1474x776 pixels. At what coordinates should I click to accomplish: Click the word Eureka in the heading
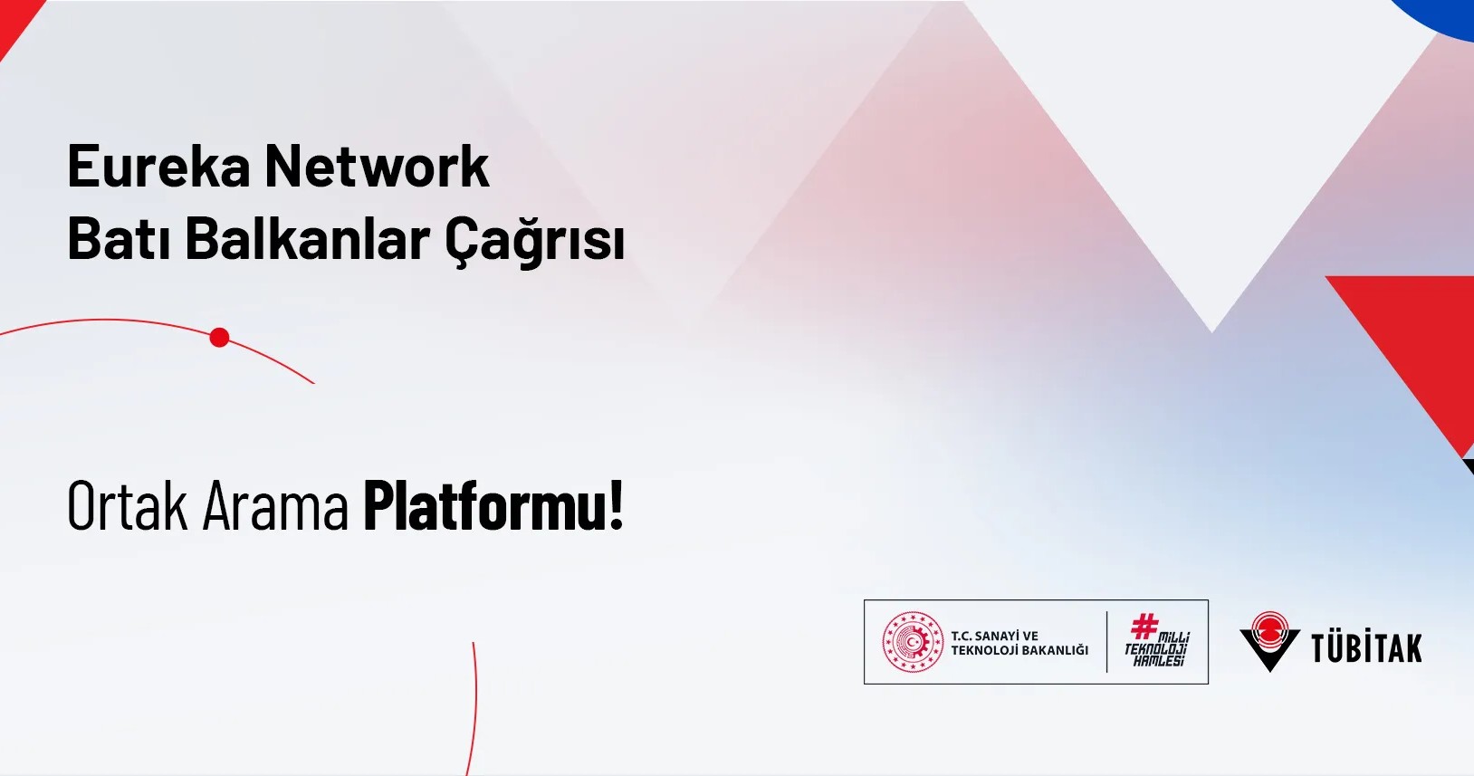coord(158,167)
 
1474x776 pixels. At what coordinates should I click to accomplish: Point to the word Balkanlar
coord(307,240)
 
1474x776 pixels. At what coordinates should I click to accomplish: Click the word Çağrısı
coord(534,241)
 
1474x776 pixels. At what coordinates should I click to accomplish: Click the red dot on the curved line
coord(219,338)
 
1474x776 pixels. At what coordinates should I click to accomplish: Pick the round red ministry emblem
coord(913,642)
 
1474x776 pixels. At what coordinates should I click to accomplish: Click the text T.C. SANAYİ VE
coord(994,636)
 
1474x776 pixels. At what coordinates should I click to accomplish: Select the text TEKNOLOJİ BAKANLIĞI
coord(1019,650)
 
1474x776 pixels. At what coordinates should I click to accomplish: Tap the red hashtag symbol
coord(1144,626)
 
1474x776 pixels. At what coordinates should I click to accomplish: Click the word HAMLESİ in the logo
coord(1159,661)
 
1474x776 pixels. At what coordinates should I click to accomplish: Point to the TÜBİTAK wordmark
coord(1366,648)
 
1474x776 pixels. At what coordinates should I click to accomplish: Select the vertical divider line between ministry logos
coord(1106,642)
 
